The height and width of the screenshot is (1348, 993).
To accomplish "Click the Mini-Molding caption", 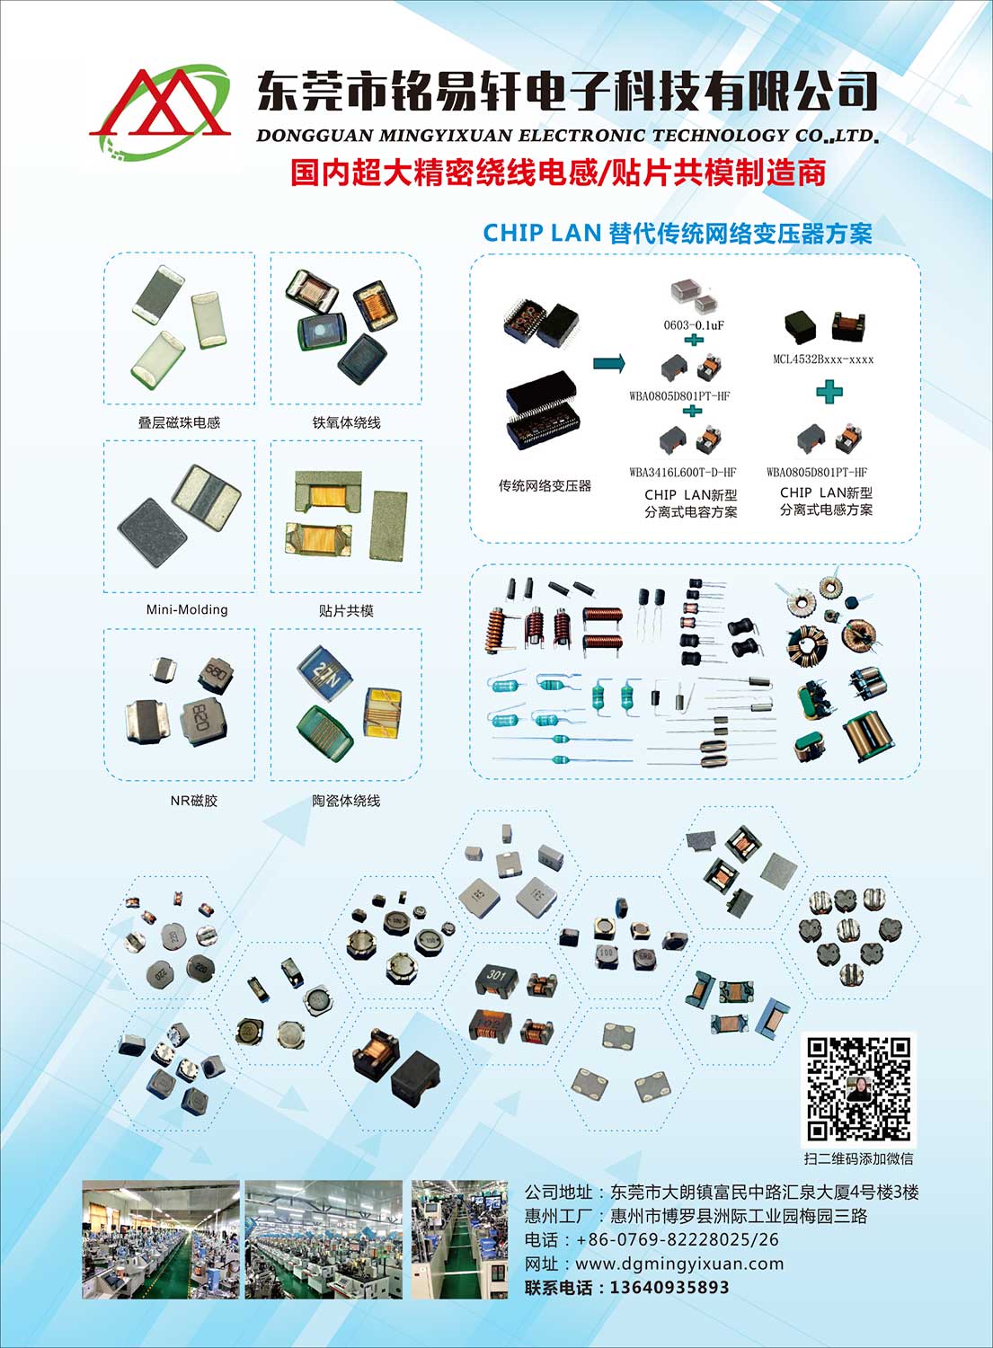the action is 187,609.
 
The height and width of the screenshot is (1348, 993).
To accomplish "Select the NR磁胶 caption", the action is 194,801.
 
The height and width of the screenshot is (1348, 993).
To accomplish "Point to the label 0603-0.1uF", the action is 694,325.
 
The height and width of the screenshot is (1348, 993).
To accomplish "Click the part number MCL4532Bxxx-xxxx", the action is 823,359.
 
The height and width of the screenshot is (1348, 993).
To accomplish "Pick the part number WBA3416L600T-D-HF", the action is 683,473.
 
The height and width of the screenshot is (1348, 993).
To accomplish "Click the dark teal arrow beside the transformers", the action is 609,363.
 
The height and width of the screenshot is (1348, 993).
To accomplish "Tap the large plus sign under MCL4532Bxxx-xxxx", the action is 829,393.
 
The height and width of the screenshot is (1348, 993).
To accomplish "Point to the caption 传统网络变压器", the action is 545,485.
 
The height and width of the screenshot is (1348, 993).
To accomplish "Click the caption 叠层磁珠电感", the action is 180,422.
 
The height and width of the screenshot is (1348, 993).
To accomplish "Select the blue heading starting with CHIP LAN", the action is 678,233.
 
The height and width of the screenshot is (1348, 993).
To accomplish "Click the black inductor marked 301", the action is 497,980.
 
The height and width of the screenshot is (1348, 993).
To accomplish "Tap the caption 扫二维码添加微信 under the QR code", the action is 858,1158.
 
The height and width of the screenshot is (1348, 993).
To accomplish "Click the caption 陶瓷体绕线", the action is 346,801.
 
